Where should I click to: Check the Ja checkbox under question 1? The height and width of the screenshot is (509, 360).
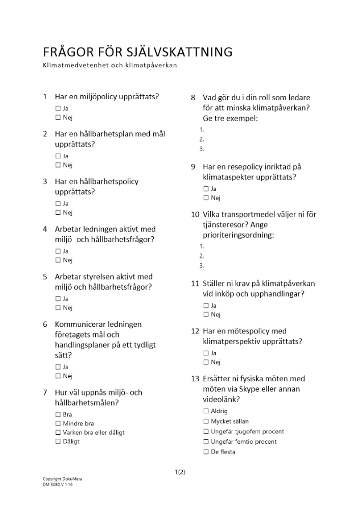(x=58, y=108)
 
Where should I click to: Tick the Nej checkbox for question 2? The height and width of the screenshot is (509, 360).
(x=58, y=165)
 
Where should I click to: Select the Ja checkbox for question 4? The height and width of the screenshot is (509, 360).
(x=58, y=251)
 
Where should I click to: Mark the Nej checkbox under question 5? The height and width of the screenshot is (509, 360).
(x=58, y=308)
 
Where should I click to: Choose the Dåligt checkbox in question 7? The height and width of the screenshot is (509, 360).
(x=58, y=441)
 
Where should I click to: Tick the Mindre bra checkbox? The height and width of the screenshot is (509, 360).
(x=58, y=423)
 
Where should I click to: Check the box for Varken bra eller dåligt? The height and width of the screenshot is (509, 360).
(x=58, y=433)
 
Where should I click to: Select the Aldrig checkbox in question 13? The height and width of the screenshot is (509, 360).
(x=206, y=411)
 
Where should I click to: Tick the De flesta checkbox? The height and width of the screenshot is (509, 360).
(x=206, y=452)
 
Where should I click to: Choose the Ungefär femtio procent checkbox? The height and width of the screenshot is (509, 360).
(x=206, y=442)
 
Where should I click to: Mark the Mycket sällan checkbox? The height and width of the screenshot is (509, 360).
(x=206, y=421)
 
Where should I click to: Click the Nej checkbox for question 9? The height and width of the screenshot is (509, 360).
(x=206, y=198)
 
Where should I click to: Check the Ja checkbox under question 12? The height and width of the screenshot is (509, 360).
(x=206, y=353)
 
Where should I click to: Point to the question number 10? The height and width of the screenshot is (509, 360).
(x=195, y=214)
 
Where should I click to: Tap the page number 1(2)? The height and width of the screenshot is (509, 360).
(x=180, y=472)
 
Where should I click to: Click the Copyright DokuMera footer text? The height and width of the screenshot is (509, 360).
(x=62, y=479)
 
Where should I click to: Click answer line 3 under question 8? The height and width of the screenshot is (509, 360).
(x=202, y=149)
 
